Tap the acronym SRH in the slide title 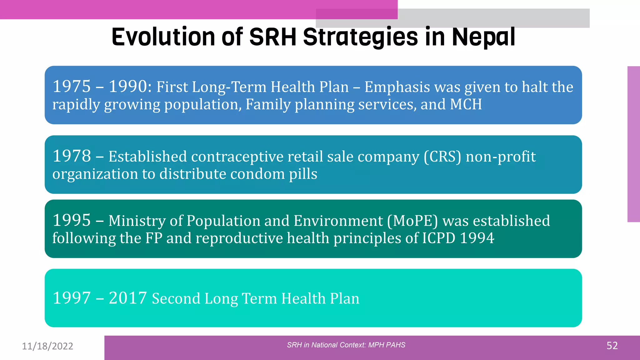[x=272, y=37]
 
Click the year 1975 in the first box [x=72, y=87]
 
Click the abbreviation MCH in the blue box [x=466, y=104]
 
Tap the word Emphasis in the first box [x=397, y=87]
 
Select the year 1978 [x=72, y=156]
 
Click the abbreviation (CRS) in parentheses [x=442, y=157]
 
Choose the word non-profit [x=501, y=157]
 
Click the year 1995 [x=72, y=220]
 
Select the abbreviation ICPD [x=439, y=238]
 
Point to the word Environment [x=338, y=221]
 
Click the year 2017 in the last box [x=128, y=298]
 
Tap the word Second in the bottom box [x=176, y=298]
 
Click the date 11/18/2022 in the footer [x=47, y=346]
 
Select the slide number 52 [x=612, y=346]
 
